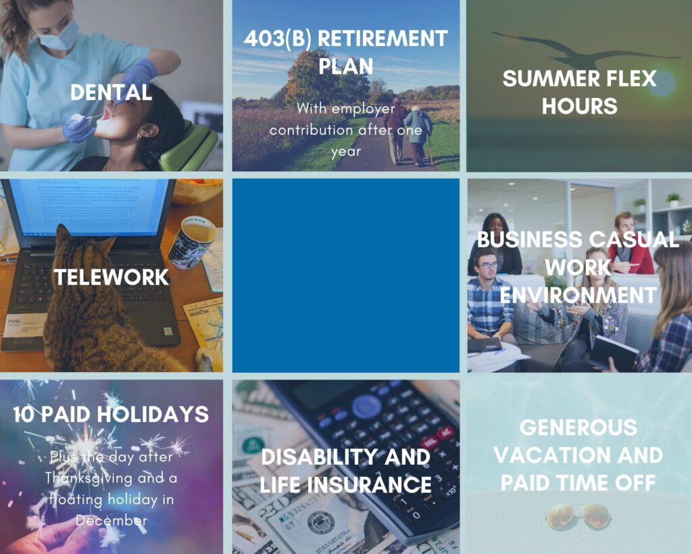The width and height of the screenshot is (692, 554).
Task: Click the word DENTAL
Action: (111, 92)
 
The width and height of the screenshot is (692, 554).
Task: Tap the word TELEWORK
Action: (111, 277)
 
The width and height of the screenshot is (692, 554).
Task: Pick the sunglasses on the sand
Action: (578, 516)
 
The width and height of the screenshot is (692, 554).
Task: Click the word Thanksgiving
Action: (89, 478)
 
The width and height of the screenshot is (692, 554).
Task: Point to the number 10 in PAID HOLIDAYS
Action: (25, 414)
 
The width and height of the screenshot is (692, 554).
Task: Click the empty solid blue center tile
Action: (345, 275)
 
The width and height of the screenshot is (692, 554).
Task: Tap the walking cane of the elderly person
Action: (430, 149)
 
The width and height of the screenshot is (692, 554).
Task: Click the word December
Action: (111, 520)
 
